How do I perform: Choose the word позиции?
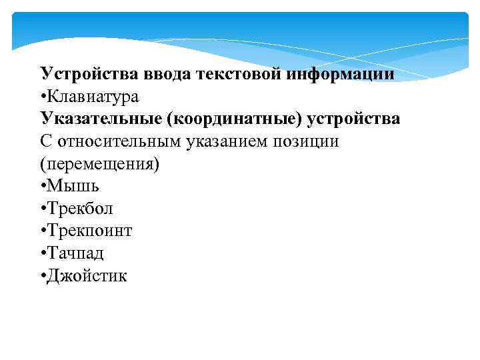tap(306, 142)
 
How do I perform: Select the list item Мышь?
tap(74, 187)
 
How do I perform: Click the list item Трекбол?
tap(80, 209)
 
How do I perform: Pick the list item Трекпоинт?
tap(89, 231)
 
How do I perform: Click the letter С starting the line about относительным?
tap(46, 142)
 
